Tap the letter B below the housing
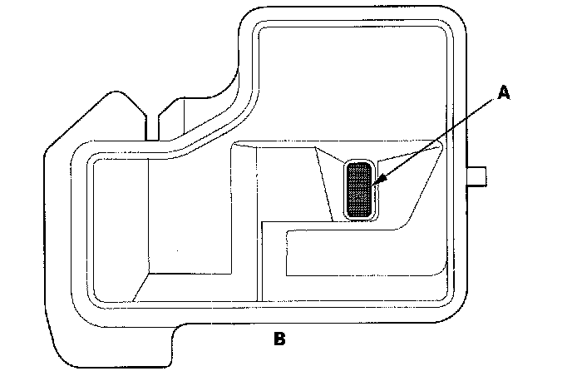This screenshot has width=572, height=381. [279, 339]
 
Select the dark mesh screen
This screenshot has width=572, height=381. [359, 190]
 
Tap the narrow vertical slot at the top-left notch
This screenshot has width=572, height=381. [151, 125]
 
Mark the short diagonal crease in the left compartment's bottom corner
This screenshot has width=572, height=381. [140, 287]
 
